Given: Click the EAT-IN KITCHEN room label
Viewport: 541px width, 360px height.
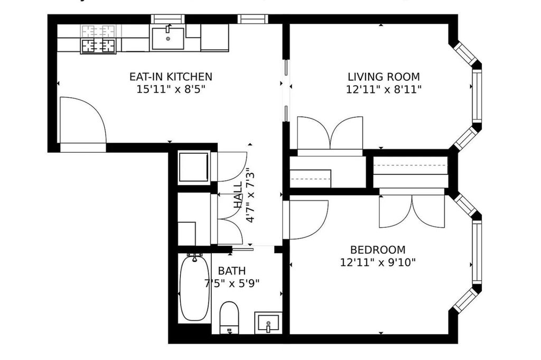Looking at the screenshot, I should coord(171,77).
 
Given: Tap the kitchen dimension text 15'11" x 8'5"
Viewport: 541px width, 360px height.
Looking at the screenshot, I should coord(171,89).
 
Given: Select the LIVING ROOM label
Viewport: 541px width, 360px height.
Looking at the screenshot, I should coord(383,77).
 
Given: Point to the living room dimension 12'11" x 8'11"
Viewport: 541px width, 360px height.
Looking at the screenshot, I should coord(383,89).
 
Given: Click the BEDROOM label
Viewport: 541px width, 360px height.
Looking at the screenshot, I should coord(378,250).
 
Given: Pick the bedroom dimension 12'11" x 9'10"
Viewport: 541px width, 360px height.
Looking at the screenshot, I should coord(378,262).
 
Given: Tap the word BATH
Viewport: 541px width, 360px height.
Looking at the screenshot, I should coord(232,271).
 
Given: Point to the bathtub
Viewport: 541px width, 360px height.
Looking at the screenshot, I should coord(194,288).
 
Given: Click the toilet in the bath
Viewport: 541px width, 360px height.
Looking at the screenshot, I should coord(229,316).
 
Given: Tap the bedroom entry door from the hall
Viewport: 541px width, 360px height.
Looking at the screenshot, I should coord(307,219).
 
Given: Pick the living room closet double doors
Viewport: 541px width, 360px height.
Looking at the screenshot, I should coord(330,134).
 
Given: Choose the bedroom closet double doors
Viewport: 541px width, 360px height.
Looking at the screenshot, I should coord(412,210).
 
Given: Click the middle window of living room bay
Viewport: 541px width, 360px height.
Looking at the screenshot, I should coord(477,95).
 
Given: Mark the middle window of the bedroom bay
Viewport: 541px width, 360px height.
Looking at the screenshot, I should coord(477,252).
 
